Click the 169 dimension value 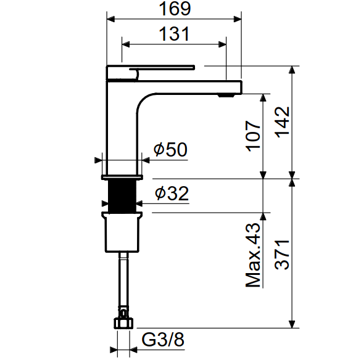point(175,9)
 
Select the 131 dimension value point(174,34)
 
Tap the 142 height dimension point(282,122)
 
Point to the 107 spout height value point(253,136)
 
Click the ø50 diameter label point(170,150)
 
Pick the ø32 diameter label point(172,193)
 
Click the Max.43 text point(253,255)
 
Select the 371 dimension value point(282,255)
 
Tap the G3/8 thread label point(163,339)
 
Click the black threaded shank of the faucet point(122,196)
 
